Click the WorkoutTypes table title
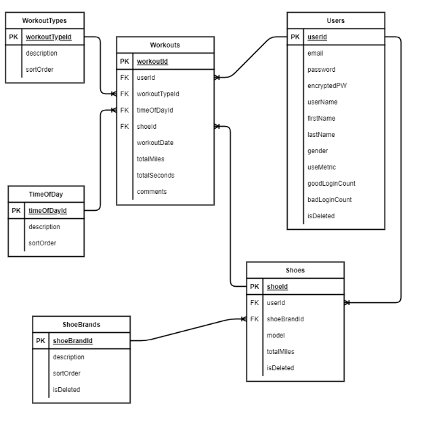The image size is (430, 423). [45, 20]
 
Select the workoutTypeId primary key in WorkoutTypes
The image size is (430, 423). [53, 37]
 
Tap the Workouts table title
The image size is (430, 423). [165, 45]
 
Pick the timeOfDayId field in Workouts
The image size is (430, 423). [155, 110]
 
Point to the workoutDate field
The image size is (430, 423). [155, 143]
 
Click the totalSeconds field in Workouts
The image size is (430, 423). [156, 176]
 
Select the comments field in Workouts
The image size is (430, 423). [152, 192]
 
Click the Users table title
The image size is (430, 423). [336, 20]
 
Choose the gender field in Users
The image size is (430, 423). [318, 151]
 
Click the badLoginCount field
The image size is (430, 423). [330, 200]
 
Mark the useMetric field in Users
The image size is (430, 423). [322, 167]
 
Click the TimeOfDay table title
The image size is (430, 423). [46, 194]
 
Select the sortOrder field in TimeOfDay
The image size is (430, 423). [42, 243]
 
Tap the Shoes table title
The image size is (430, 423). [295, 270]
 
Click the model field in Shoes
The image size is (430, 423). [276, 336]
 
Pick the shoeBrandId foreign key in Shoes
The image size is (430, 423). [285, 319]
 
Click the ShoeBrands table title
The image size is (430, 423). [81, 324]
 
